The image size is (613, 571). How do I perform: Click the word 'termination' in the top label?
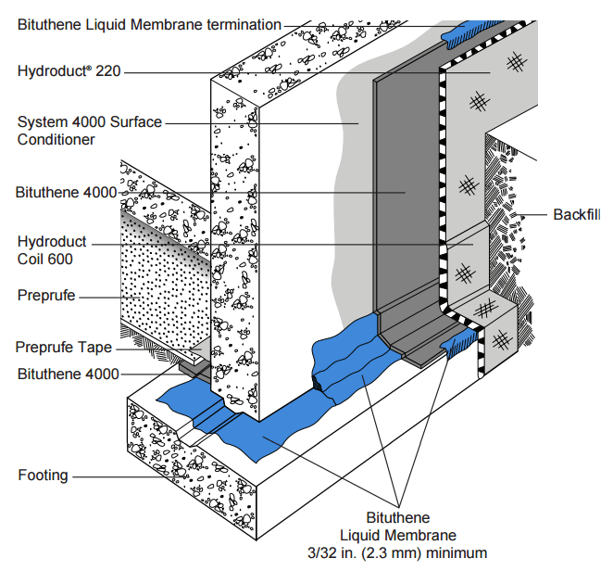(x=244, y=25)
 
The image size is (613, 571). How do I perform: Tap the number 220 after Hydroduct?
(x=108, y=71)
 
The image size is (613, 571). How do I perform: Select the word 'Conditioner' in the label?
(x=56, y=140)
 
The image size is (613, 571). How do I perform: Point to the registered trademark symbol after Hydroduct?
(x=89, y=68)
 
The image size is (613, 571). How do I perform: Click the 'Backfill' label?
(x=577, y=214)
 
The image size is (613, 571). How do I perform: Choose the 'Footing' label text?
(x=43, y=476)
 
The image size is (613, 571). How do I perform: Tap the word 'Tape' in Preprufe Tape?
(x=94, y=347)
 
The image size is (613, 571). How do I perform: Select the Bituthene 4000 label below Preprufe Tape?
(x=68, y=374)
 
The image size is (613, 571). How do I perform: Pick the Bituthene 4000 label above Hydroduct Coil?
(x=66, y=193)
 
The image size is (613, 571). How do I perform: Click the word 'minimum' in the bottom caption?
(x=457, y=553)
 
